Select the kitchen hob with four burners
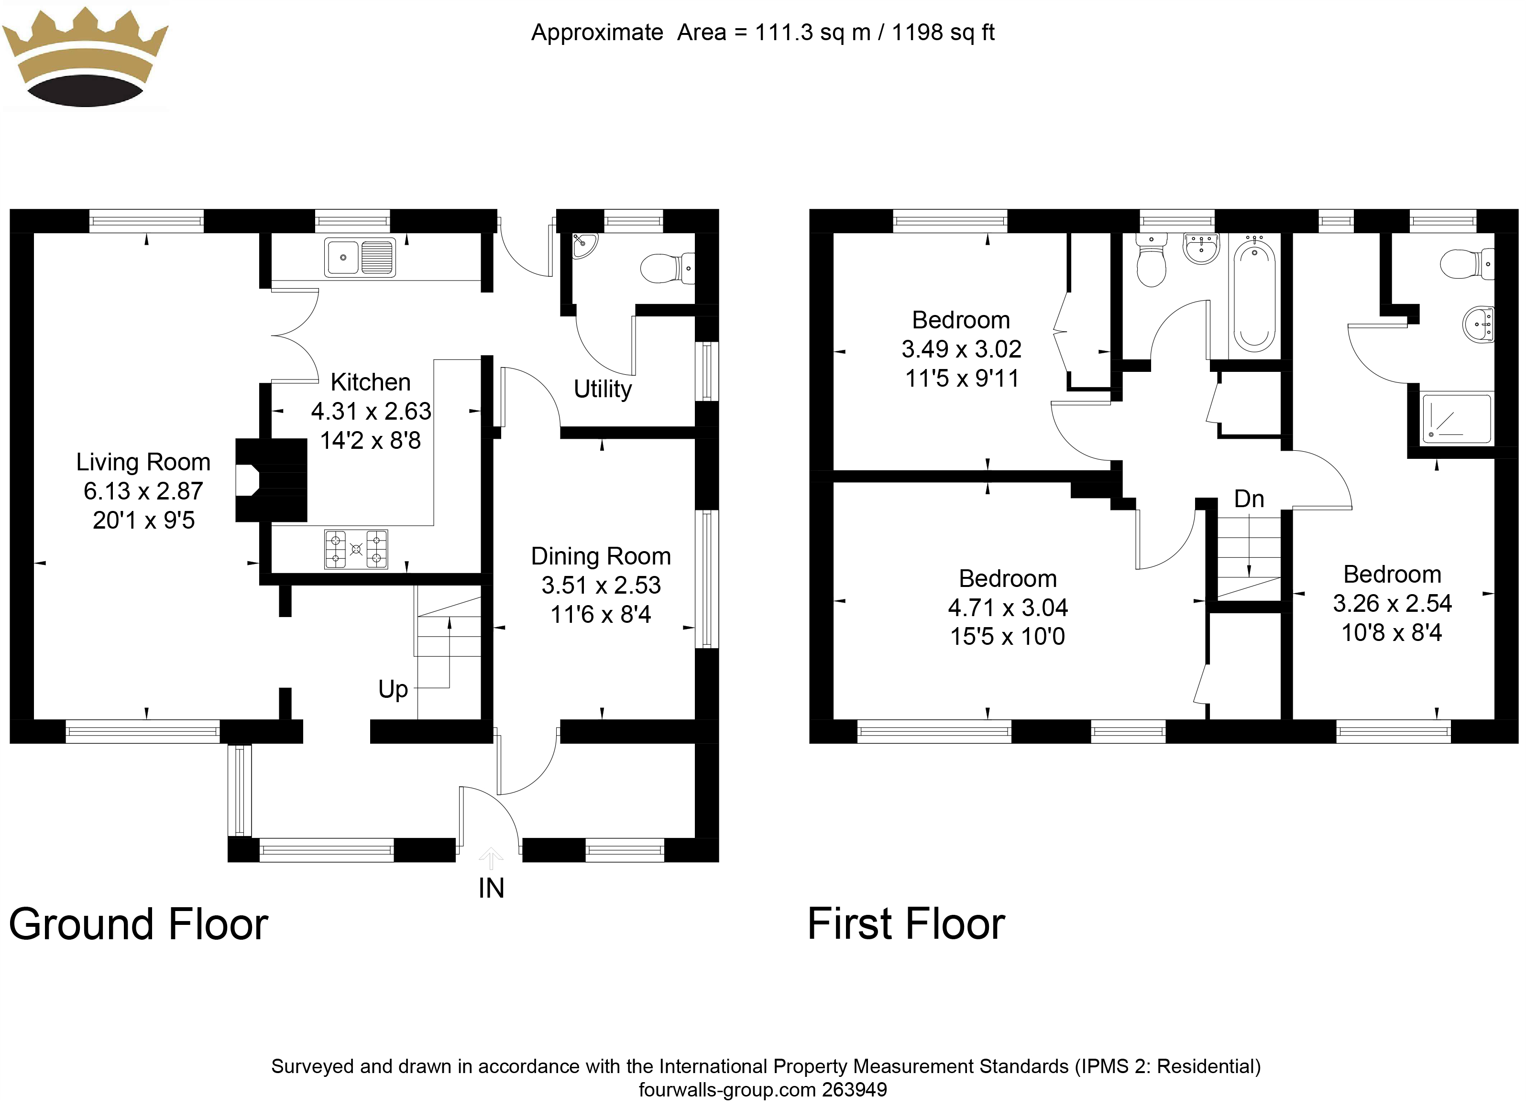(x=356, y=550)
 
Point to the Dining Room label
(x=601, y=556)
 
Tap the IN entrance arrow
(x=491, y=859)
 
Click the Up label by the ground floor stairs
(x=393, y=689)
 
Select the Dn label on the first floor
(x=1249, y=499)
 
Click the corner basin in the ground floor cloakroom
(x=583, y=246)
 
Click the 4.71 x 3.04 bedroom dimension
(x=1007, y=608)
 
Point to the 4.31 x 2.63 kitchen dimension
(x=371, y=411)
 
